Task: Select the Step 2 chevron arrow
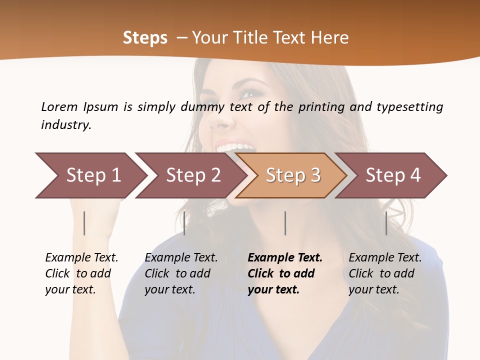[x=192, y=175]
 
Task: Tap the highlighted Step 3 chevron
[x=292, y=175]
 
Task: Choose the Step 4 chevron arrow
[x=392, y=175]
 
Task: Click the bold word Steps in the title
[x=145, y=38]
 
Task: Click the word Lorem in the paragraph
[x=59, y=107]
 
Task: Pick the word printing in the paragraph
[x=320, y=107]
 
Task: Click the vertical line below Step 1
[x=84, y=223]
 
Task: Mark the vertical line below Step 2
[x=184, y=223]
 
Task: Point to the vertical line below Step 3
[x=285, y=223]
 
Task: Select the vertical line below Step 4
[x=386, y=223]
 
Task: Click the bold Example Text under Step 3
[x=285, y=273]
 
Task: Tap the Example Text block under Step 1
[x=81, y=273]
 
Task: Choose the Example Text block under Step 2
[x=181, y=273]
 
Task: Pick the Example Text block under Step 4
[x=385, y=273]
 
